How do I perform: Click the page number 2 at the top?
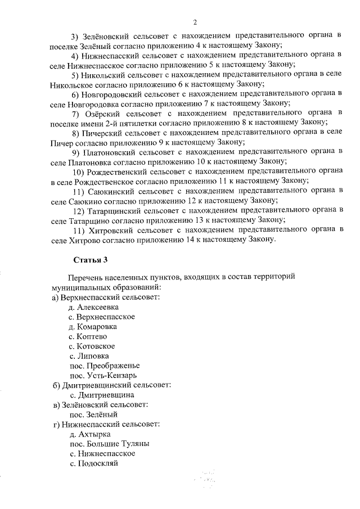pyautogui.click(x=195, y=22)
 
